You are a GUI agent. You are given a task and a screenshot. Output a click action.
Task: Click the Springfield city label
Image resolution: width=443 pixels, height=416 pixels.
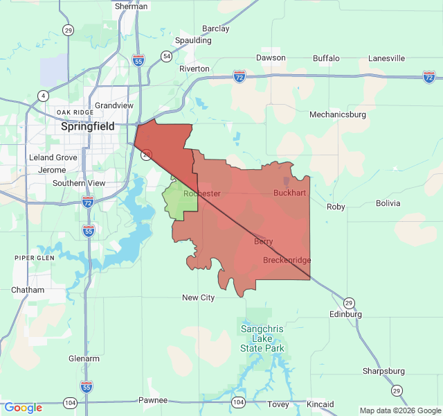pyautogui.click(x=88, y=127)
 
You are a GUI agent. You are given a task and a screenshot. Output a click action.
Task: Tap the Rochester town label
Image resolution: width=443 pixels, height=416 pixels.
pyautogui.click(x=202, y=193)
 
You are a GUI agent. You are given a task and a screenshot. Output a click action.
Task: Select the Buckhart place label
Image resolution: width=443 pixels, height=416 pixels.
pyautogui.click(x=289, y=192)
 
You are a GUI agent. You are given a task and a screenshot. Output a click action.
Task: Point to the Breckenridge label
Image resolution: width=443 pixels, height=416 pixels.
pyautogui.click(x=287, y=260)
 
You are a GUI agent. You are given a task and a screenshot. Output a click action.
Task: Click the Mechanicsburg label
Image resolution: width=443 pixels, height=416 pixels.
pyautogui.click(x=338, y=114)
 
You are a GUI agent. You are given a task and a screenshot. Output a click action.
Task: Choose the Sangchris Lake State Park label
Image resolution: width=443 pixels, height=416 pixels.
pyautogui.click(x=262, y=338)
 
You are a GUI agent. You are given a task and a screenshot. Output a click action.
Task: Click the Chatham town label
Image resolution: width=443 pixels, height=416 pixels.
pyautogui.click(x=28, y=290)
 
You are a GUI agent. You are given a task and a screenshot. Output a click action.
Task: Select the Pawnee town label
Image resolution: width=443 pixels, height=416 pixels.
pyautogui.click(x=153, y=400)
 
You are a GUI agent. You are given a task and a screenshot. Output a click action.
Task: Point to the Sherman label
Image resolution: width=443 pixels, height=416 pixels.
pyautogui.click(x=132, y=6)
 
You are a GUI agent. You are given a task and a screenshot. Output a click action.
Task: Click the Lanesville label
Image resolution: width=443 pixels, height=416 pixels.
pyautogui.click(x=386, y=58)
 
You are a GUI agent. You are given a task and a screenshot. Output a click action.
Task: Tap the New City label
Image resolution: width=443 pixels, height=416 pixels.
pyautogui.click(x=198, y=297)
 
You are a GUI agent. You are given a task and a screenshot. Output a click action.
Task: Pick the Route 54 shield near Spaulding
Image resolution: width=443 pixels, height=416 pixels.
pyautogui.click(x=167, y=55)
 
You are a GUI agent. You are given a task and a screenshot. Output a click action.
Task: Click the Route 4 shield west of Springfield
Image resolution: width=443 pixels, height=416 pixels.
pyautogui.click(x=44, y=95)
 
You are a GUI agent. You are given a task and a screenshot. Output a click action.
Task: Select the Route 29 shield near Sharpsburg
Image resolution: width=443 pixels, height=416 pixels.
pyautogui.click(x=397, y=391)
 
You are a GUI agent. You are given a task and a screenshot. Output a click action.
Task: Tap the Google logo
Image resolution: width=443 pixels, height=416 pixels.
pyautogui.click(x=23, y=408)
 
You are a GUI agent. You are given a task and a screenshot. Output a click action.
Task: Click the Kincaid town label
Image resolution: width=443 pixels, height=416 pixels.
pyautogui.click(x=320, y=404)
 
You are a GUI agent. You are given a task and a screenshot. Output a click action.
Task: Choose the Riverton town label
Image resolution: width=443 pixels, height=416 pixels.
pyautogui.click(x=194, y=69)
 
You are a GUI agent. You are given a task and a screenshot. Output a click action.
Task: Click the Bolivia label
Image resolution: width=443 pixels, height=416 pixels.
pyautogui.click(x=388, y=203)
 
